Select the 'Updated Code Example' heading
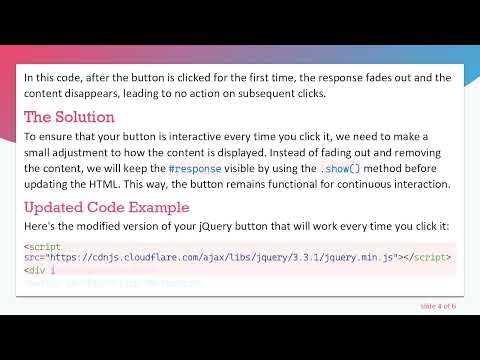coord(106,208)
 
